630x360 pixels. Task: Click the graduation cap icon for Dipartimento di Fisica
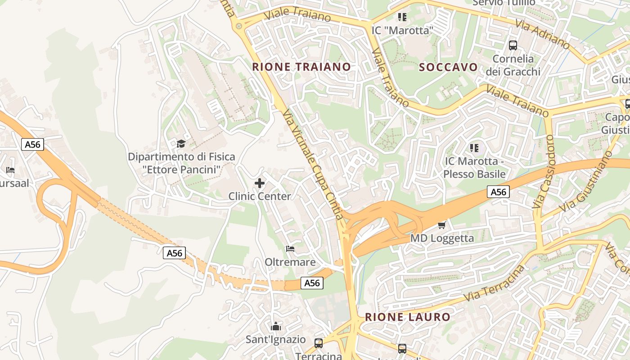coord(181,144)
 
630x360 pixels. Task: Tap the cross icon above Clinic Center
coord(260,183)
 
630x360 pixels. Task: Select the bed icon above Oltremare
coord(290,248)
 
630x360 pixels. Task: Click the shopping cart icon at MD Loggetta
coord(442,225)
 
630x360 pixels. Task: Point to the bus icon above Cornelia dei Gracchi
coord(513,45)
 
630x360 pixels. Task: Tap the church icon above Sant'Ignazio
coord(276,326)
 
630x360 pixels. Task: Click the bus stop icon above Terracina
coord(319,343)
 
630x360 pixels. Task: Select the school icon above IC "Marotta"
coord(402,17)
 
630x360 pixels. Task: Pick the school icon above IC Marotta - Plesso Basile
coord(474,148)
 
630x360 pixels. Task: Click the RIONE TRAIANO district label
coord(301,67)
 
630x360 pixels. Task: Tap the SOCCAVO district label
coord(448,67)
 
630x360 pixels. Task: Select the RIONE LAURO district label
coord(408,317)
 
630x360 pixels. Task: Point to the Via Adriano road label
coord(543,34)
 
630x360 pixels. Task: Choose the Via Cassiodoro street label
coord(544,171)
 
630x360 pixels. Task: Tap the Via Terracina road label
coord(494,284)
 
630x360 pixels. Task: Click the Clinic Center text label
coord(260,196)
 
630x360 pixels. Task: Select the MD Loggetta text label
coord(442,238)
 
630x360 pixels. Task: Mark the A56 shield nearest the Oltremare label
coord(312,283)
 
